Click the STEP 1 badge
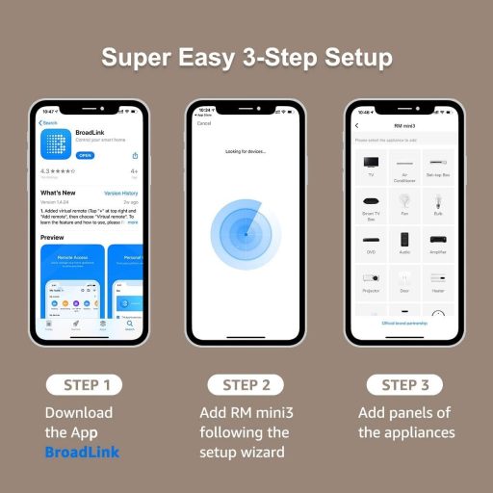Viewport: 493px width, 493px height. [87, 385]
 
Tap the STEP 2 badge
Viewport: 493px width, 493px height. [246, 385]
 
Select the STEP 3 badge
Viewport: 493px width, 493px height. [404, 385]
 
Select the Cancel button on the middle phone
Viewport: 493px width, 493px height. [204, 124]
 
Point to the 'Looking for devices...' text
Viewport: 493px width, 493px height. [246, 152]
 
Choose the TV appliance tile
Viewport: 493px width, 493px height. [371, 170]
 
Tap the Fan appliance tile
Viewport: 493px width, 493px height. [405, 205]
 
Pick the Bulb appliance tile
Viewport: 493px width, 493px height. [439, 205]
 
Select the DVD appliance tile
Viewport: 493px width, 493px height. [371, 242]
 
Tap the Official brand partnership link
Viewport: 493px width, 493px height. [404, 324]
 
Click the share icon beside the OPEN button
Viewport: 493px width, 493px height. [135, 155]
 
